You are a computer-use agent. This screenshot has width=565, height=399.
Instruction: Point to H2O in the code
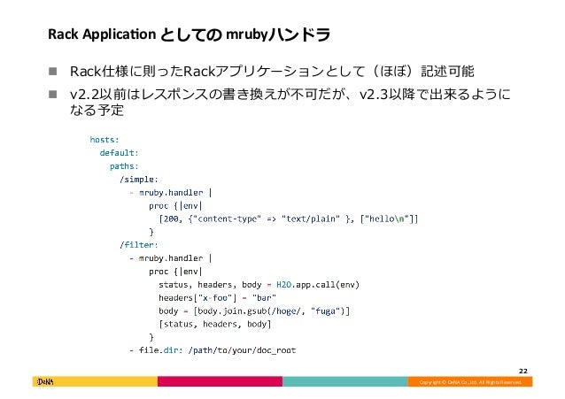point(285,284)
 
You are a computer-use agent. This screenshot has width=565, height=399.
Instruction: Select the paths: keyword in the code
point(124,165)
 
